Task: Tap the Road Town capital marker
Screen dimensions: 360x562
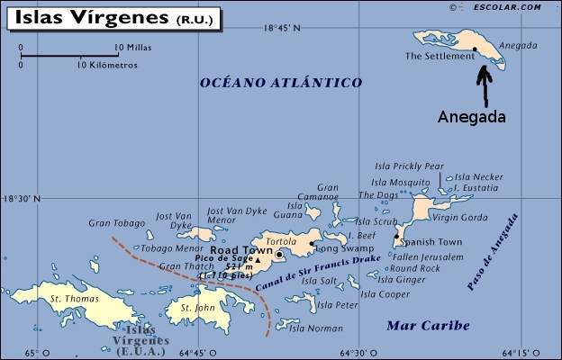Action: [279, 255]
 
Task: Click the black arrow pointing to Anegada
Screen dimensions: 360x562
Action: [484, 85]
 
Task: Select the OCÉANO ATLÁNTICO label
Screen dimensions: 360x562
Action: [280, 83]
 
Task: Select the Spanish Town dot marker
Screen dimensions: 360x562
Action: [397, 238]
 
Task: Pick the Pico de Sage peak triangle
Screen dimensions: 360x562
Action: [258, 260]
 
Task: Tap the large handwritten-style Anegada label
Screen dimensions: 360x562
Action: [471, 117]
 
